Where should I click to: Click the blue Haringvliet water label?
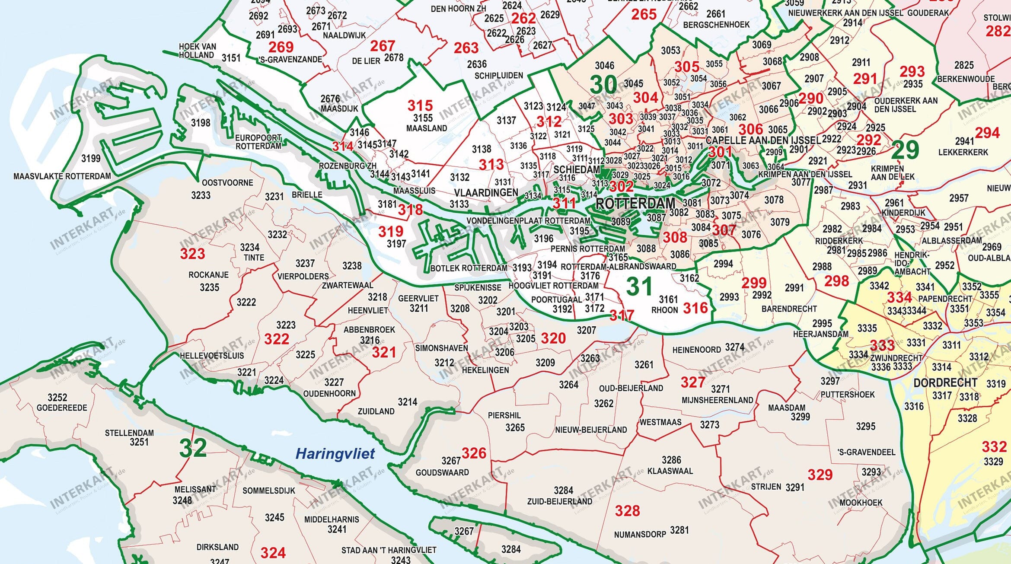point(335,454)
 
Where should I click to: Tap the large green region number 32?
point(193,449)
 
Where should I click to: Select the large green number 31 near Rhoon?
point(639,287)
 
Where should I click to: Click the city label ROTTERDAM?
point(635,204)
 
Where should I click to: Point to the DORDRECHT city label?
point(945,383)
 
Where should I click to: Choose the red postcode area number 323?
point(192,254)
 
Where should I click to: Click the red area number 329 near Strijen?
point(820,475)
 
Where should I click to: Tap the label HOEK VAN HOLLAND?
point(197,51)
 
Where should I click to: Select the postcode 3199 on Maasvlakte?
point(91,159)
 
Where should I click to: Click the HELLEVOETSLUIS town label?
point(212,356)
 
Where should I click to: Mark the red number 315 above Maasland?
point(420,105)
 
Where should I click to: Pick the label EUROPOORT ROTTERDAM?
point(258,142)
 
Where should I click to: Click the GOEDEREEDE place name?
point(62,408)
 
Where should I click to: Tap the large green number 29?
point(904,150)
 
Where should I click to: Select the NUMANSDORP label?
point(640,535)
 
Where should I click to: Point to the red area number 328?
point(627,511)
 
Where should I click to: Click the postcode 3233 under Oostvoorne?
point(201,195)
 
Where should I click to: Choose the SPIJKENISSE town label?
point(478,287)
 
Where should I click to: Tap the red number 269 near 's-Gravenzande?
point(281,47)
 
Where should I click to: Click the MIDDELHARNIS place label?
point(332,519)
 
